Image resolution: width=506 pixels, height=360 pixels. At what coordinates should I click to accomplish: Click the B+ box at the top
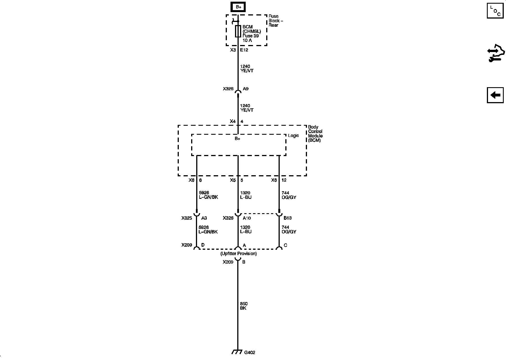[238, 7]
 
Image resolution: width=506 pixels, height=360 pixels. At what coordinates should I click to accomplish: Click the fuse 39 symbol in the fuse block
[238, 31]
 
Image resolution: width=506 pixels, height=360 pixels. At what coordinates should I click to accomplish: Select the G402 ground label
[250, 352]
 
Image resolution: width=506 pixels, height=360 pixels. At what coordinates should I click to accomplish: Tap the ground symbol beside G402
[237, 352]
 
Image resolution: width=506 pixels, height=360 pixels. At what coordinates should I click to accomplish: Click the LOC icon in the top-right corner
[495, 10]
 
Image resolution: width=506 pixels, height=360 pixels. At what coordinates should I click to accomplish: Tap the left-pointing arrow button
[495, 95]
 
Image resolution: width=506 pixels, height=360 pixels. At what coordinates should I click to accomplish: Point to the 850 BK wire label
[243, 306]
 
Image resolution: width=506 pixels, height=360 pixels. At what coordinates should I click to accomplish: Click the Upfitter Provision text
[238, 254]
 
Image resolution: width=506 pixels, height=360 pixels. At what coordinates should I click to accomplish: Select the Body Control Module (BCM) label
[315, 134]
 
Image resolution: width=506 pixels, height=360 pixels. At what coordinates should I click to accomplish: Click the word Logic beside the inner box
[293, 136]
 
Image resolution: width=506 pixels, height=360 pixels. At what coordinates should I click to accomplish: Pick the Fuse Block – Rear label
[275, 21]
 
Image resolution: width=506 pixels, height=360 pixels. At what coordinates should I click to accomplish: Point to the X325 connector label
[187, 218]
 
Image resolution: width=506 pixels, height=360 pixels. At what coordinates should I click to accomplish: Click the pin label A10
[247, 218]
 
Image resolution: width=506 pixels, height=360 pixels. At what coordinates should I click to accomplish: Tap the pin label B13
[288, 218]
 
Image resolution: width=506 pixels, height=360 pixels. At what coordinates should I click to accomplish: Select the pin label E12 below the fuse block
[244, 50]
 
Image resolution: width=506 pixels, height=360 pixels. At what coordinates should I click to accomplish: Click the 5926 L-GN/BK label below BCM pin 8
[208, 195]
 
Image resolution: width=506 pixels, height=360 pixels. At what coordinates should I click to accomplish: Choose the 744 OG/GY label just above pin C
[289, 229]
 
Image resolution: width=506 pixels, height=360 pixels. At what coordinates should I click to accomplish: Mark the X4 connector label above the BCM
[232, 121]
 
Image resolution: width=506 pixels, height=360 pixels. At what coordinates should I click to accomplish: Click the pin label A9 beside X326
[246, 89]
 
